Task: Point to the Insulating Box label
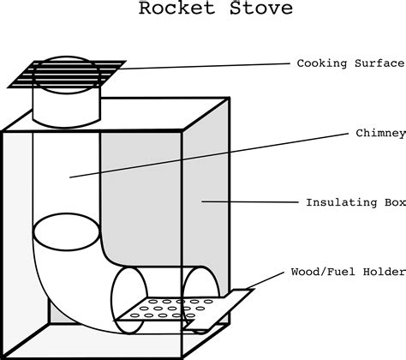click(x=350, y=203)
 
